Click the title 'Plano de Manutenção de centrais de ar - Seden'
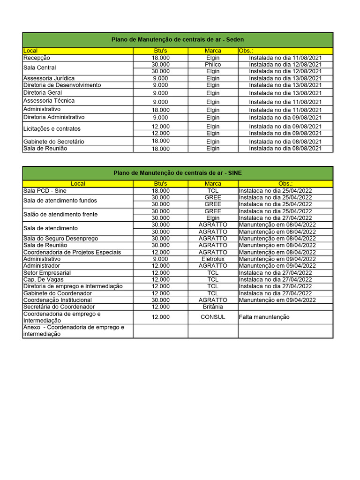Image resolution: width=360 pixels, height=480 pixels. coord(178,40)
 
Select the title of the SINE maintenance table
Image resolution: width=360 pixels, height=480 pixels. coord(178,173)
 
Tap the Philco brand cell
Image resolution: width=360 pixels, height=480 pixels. coord(213,64)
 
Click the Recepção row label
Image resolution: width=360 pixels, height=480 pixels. coord(37,58)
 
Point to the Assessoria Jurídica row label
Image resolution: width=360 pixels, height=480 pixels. coord(49,78)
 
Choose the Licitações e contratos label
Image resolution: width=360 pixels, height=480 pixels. coord(52,129)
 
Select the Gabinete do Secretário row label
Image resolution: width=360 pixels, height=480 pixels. coord(54,142)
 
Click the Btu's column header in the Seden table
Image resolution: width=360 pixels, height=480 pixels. coord(161,51)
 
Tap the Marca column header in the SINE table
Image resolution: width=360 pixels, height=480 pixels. coord(213,184)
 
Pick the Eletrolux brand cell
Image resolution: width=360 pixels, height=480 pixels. coord(213,259)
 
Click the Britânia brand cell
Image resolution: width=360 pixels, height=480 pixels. coord(213,307)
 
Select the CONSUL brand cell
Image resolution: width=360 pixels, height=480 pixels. coord(213,317)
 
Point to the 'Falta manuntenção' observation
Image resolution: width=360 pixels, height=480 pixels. coord(264,317)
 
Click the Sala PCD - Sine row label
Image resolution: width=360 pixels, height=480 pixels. coord(45,191)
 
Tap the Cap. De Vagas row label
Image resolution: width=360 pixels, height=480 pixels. coord(44,279)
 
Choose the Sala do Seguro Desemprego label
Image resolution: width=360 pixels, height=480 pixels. coord(60,239)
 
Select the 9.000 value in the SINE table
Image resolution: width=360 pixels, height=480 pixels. coord(161,259)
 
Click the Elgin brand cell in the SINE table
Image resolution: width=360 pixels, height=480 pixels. coord(213,218)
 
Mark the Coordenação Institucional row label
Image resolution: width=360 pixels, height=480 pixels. coord(57,300)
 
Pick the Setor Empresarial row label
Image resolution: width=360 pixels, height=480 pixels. coord(47,273)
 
